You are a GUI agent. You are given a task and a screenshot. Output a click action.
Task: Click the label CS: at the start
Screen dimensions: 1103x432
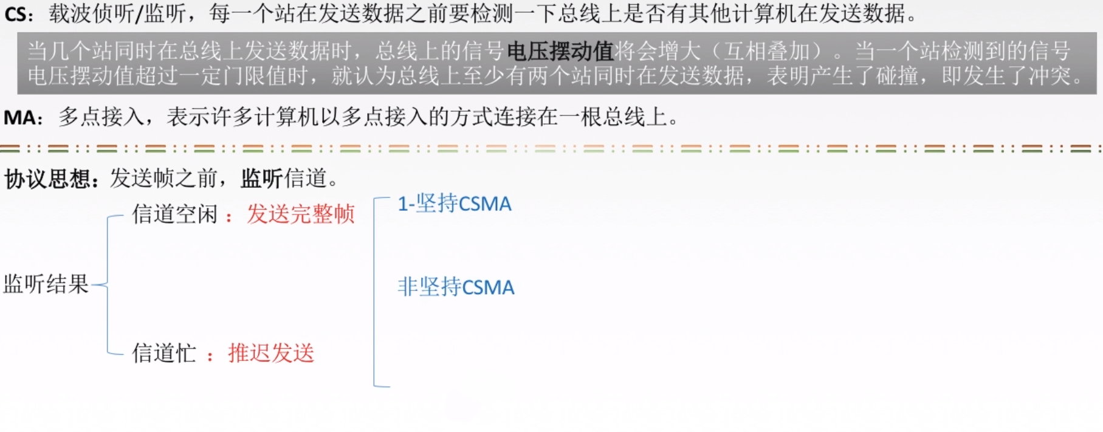(19, 14)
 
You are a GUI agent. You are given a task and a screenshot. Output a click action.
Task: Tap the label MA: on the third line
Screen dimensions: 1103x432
(23, 117)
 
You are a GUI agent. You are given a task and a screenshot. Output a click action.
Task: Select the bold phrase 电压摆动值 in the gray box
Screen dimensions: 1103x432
(560, 51)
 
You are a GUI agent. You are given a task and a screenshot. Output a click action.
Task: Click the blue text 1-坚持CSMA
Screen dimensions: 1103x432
(455, 204)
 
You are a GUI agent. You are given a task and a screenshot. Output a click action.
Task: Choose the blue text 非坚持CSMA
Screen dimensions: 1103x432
(456, 287)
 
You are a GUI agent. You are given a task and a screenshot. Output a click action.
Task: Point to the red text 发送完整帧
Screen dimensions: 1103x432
(301, 214)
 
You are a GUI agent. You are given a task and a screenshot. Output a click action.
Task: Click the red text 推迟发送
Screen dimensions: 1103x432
(271, 353)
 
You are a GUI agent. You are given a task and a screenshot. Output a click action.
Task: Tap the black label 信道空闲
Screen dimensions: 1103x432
(175, 214)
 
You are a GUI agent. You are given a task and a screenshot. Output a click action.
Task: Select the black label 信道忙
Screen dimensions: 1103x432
(164, 353)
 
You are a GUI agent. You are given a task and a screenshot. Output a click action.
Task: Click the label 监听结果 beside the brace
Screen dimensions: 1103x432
(46, 284)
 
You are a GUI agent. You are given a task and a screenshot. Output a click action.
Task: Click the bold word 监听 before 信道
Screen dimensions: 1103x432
(262, 179)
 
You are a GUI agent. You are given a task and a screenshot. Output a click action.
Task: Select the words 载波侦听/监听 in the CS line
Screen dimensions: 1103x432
(117, 13)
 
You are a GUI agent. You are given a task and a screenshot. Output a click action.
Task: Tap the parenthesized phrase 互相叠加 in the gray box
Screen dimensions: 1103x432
(766, 51)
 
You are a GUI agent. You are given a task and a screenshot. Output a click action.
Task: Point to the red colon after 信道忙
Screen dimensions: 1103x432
(210, 356)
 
